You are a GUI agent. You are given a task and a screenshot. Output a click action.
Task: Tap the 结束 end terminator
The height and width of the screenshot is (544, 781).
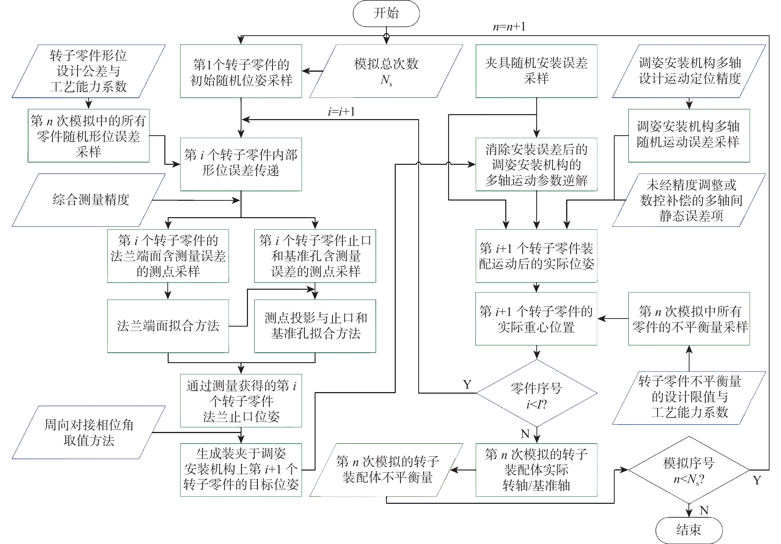point(689,530)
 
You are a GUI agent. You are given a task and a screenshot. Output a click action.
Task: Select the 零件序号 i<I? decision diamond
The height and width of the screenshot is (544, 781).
point(537,393)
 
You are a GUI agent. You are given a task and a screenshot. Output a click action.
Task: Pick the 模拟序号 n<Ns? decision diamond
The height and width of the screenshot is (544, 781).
point(689,470)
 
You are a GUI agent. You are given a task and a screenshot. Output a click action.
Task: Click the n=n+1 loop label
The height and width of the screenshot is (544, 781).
point(509,27)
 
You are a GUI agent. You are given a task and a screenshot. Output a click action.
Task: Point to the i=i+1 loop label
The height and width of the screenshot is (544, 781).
point(341,112)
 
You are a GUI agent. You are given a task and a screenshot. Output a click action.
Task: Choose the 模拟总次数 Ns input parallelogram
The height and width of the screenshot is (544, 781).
point(386,71)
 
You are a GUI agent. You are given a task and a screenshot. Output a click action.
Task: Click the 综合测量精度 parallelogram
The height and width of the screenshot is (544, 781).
point(89,200)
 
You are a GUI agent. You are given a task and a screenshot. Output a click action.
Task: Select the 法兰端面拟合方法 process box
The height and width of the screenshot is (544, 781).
point(168,326)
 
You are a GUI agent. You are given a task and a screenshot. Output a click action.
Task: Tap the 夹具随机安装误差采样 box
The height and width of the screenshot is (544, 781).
point(537,71)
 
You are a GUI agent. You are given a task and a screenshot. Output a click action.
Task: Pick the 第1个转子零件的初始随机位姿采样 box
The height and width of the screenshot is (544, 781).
point(241,71)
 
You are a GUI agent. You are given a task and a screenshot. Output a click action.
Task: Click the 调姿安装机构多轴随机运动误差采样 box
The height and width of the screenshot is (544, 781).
point(689,135)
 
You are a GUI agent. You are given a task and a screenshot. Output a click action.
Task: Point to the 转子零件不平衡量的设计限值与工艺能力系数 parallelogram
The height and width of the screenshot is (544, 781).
point(689,398)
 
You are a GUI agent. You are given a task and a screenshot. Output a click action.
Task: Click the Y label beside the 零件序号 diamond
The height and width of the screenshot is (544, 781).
point(467,385)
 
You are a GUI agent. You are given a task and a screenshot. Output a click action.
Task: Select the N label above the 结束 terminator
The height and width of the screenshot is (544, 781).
point(704,510)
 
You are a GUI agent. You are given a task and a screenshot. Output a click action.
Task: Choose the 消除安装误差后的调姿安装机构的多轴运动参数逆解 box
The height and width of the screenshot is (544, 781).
point(537,165)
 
